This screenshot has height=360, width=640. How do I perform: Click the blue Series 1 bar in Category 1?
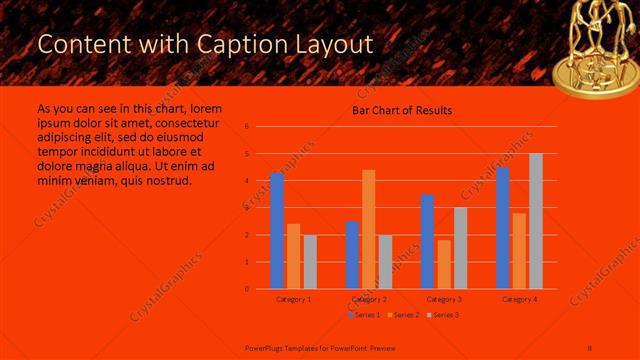click(277, 231)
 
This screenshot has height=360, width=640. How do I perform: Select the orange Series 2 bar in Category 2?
click(369, 229)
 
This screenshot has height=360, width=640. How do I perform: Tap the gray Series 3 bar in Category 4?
click(536, 221)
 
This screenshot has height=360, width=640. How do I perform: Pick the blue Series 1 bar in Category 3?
click(427, 241)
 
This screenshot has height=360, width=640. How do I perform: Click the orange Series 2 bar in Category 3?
click(444, 264)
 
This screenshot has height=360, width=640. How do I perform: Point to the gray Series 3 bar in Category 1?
click(310, 262)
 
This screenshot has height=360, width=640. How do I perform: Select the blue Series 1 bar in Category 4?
click(503, 228)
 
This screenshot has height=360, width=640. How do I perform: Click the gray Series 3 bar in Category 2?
click(386, 262)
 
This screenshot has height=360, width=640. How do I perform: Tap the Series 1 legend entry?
click(364, 315)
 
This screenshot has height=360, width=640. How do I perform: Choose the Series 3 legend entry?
click(443, 315)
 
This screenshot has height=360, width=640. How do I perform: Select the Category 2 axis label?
click(369, 299)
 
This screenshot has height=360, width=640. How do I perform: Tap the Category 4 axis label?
click(519, 299)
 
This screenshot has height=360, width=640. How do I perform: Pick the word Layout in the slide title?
click(332, 45)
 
